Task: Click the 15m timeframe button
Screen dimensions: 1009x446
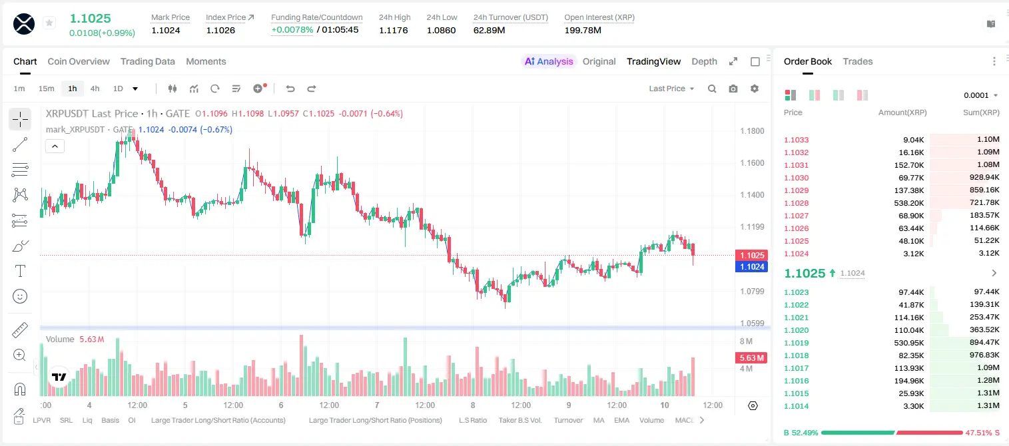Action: (x=47, y=89)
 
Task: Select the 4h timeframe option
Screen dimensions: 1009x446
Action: (x=95, y=89)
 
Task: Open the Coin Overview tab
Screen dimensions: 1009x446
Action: (x=79, y=61)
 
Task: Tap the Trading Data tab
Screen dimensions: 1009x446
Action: (x=147, y=61)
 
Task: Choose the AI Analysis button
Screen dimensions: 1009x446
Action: (x=549, y=61)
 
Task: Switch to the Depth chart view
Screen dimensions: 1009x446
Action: (x=704, y=61)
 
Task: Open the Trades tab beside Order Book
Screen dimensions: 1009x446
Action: (x=857, y=61)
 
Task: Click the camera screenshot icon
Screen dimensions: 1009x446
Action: (x=733, y=89)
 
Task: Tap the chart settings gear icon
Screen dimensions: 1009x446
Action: (x=755, y=89)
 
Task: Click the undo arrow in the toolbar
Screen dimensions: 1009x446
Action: (x=290, y=89)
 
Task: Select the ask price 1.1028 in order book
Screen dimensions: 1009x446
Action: (x=796, y=203)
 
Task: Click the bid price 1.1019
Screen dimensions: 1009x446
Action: (x=796, y=343)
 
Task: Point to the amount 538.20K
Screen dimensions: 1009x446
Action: (x=908, y=203)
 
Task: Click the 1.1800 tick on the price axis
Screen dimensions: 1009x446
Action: (x=752, y=131)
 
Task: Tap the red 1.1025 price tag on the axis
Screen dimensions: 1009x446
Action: (x=752, y=255)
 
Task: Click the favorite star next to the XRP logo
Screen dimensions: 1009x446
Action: (x=49, y=23)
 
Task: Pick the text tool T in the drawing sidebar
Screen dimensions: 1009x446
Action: (x=20, y=271)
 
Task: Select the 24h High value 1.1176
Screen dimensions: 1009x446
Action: (x=393, y=30)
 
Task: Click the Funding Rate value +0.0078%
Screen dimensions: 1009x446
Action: (x=292, y=30)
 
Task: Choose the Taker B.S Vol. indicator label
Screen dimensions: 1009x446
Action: (x=519, y=420)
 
